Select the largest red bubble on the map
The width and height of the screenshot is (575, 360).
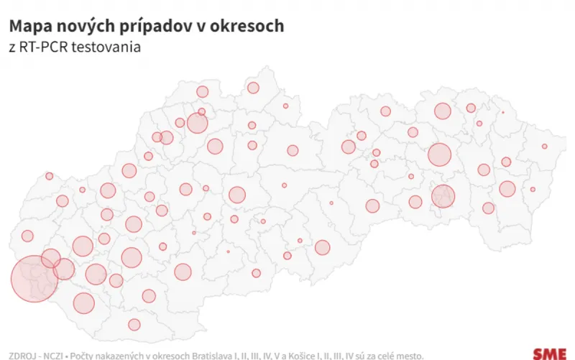[x=34, y=279]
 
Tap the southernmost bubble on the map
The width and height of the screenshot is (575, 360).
[x=134, y=324]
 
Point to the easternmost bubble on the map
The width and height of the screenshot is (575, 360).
[x=545, y=147]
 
